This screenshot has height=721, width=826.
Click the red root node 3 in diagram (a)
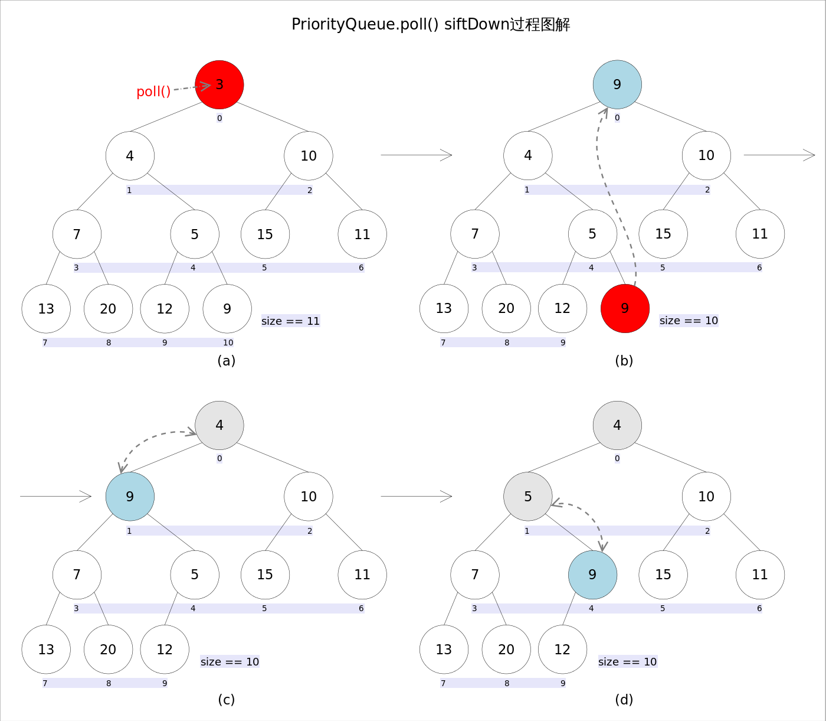pyautogui.click(x=219, y=84)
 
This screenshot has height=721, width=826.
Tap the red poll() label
pyautogui.click(x=153, y=92)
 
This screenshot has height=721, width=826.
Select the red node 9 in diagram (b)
pyautogui.click(x=625, y=308)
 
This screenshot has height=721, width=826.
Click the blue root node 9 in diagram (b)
pyautogui.click(x=617, y=84)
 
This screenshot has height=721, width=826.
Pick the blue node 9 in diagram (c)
pyautogui.click(x=130, y=497)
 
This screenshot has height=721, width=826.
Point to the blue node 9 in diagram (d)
pyautogui.click(x=592, y=575)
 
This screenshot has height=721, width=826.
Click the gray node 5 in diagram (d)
pyautogui.click(x=528, y=497)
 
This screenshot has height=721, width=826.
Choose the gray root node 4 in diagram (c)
pyautogui.click(x=219, y=425)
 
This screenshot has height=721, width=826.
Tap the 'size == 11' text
pyautogui.click(x=290, y=321)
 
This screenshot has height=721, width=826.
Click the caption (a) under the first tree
pyautogui.click(x=227, y=361)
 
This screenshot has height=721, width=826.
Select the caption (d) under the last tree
pyautogui.click(x=624, y=700)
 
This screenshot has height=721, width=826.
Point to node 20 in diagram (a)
pyautogui.click(x=108, y=309)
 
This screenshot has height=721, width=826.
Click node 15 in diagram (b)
pyautogui.click(x=663, y=234)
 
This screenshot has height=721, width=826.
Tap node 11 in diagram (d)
pyautogui.click(x=760, y=575)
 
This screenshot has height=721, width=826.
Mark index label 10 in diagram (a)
pyautogui.click(x=228, y=342)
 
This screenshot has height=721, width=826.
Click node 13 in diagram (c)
pyautogui.click(x=46, y=650)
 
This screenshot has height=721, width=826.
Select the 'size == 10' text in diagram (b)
pyautogui.click(x=689, y=321)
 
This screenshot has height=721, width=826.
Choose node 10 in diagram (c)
pyautogui.click(x=309, y=497)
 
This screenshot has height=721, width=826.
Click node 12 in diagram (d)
pyautogui.click(x=562, y=650)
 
